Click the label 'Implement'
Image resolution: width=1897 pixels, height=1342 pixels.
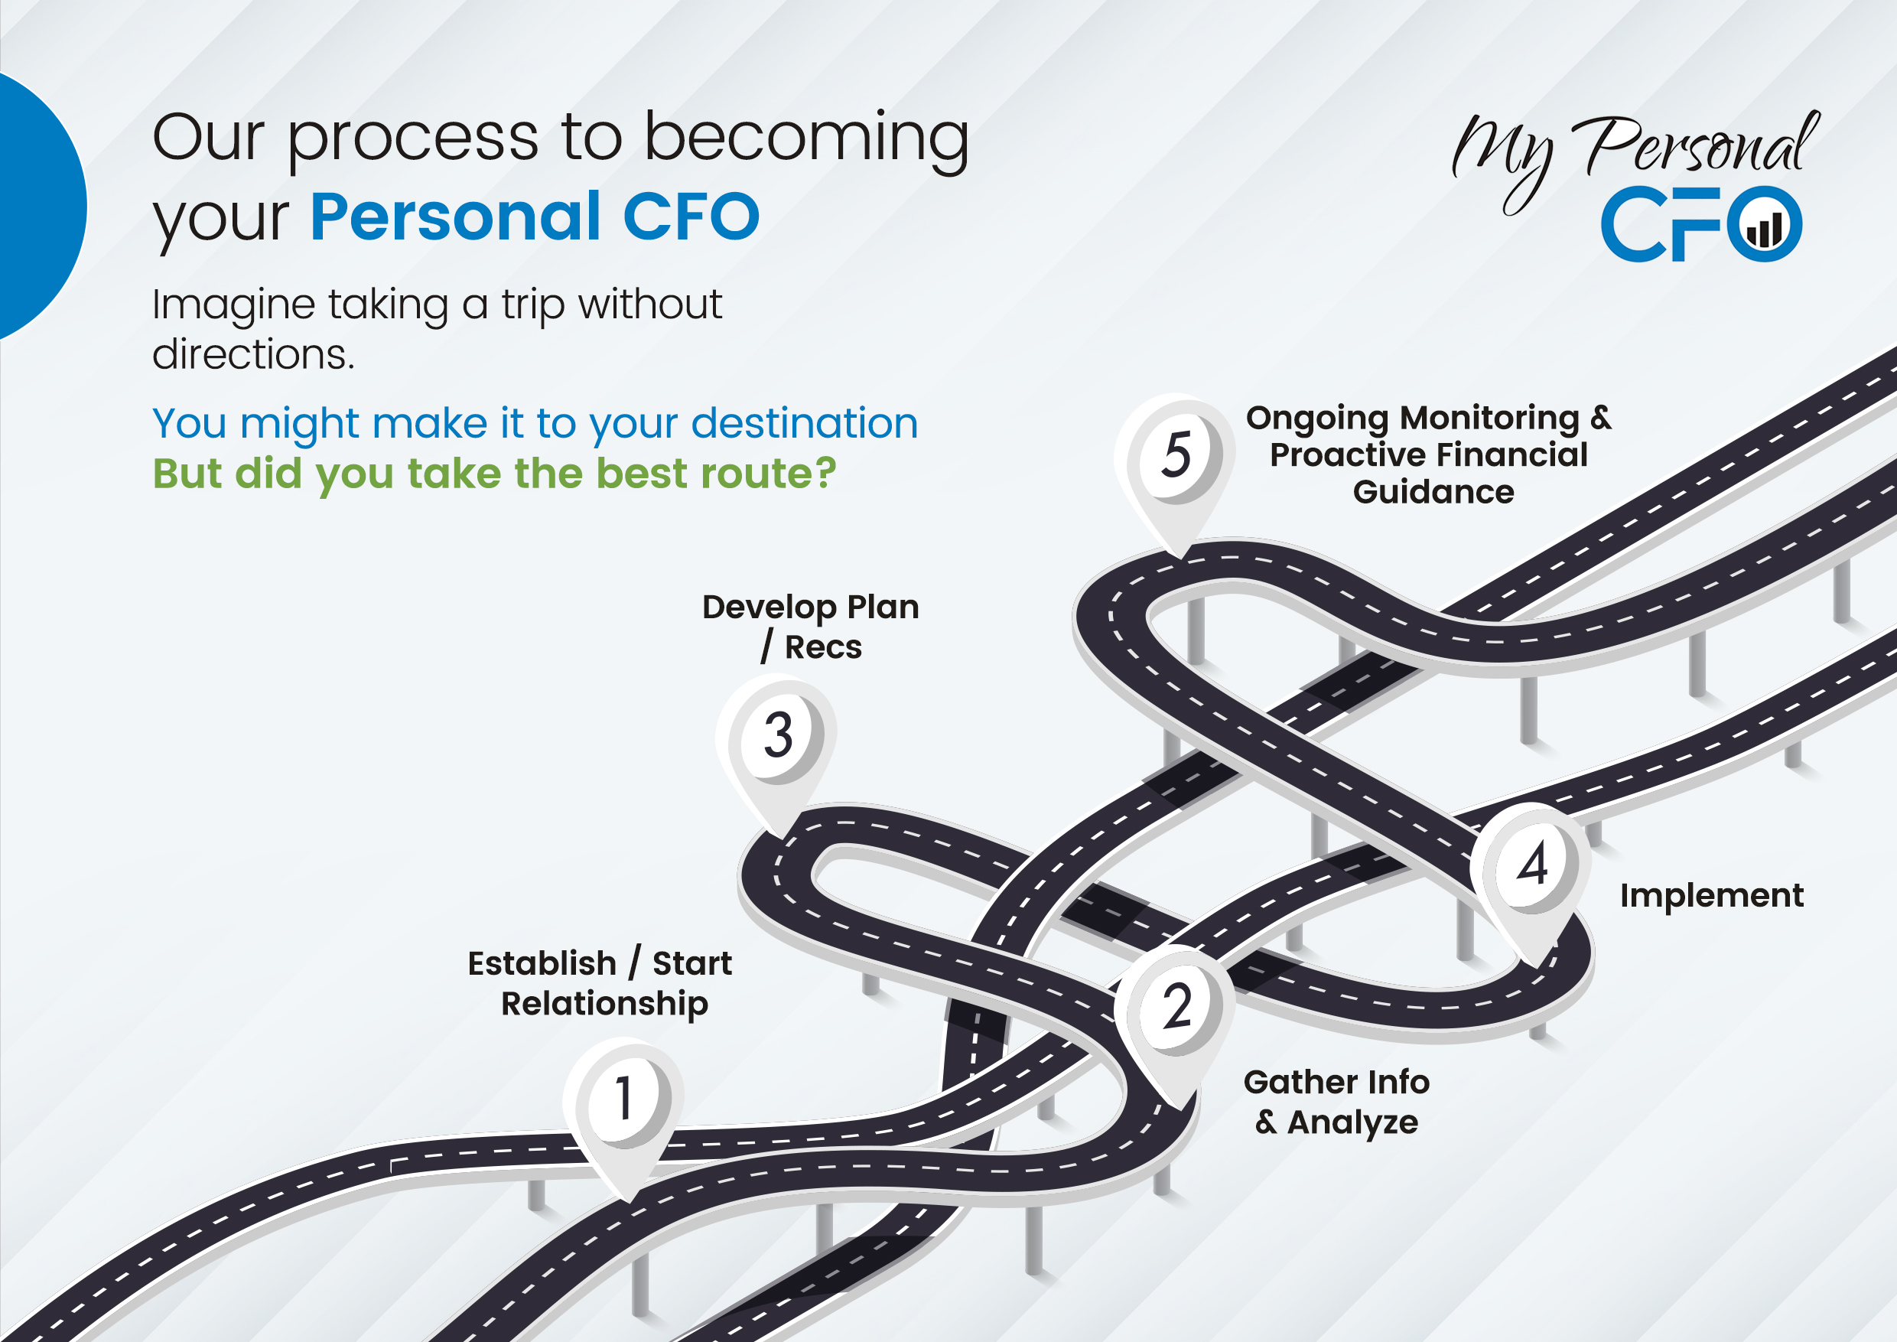(x=1711, y=896)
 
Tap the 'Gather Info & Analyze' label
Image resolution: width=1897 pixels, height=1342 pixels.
(x=1336, y=1102)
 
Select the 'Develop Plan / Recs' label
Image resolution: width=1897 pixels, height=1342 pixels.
(x=811, y=627)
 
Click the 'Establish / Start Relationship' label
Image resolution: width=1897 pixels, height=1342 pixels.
(x=600, y=983)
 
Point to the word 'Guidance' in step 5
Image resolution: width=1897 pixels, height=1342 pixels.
(x=1433, y=493)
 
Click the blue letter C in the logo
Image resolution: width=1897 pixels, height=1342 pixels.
(x=1635, y=223)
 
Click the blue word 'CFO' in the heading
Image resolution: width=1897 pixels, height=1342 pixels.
(x=691, y=217)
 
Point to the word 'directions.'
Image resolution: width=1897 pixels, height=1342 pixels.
(x=254, y=354)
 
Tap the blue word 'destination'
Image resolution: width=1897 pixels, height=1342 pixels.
(x=804, y=425)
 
